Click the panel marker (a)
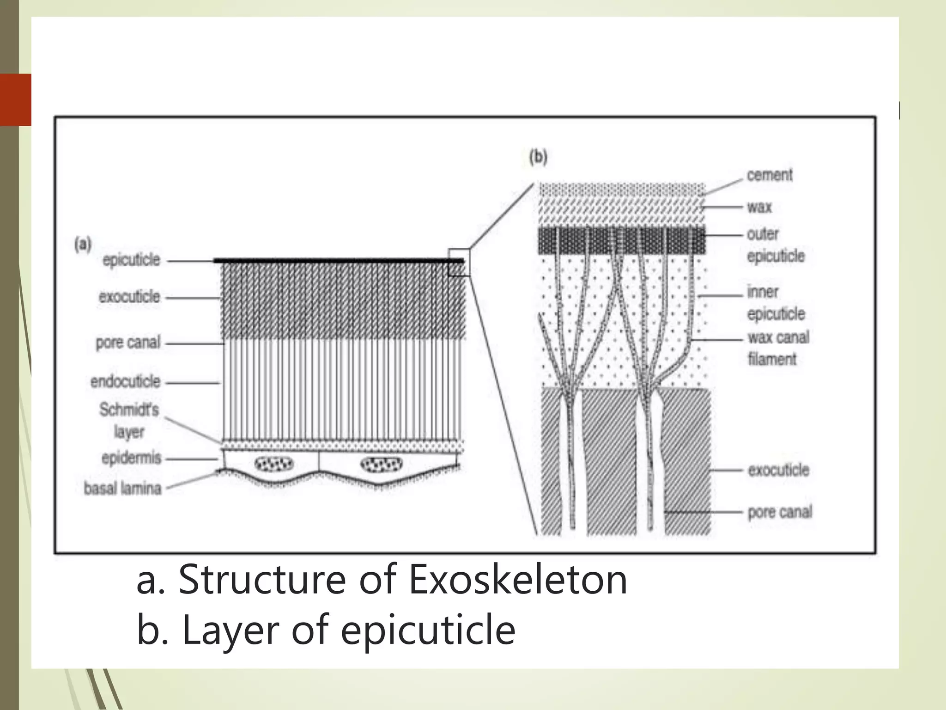(x=83, y=244)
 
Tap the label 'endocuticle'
(x=125, y=382)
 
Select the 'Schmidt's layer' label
(x=129, y=421)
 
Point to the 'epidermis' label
(x=131, y=458)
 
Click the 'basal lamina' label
(x=122, y=489)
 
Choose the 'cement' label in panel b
(x=770, y=175)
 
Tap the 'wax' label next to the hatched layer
(x=759, y=207)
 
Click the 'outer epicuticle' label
(x=776, y=245)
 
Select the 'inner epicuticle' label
(x=776, y=303)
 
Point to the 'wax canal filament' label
(x=778, y=348)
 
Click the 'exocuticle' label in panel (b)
(x=778, y=470)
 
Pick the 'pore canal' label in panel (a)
(x=128, y=343)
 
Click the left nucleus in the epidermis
(x=274, y=464)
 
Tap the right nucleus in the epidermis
(x=381, y=464)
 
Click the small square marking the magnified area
(x=459, y=262)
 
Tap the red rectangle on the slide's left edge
(x=16, y=99)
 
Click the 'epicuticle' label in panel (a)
(x=131, y=260)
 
